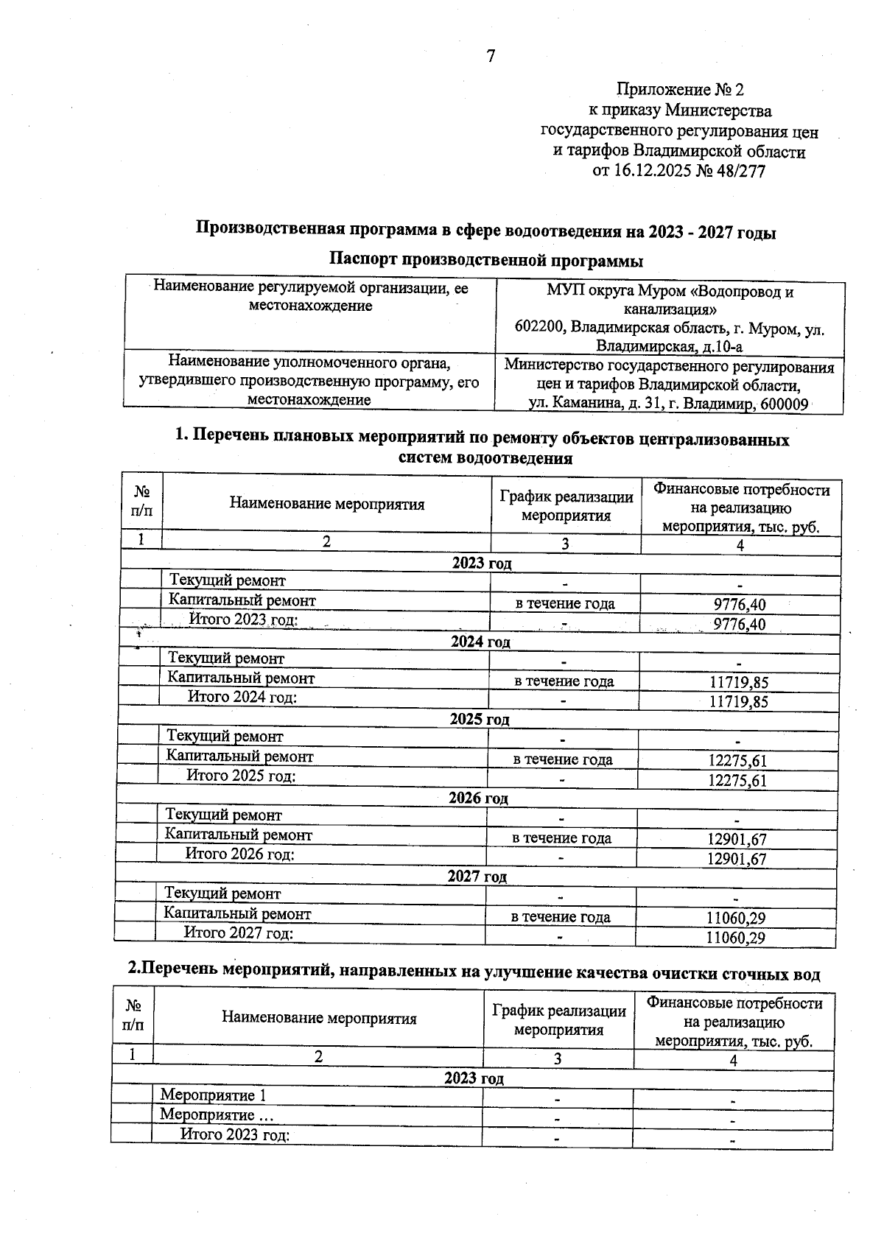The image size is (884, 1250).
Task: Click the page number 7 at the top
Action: click(x=491, y=57)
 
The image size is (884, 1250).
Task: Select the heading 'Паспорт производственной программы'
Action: click(x=485, y=261)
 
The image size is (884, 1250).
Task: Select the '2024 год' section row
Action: click(x=480, y=642)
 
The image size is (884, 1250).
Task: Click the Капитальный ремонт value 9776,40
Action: click(x=740, y=605)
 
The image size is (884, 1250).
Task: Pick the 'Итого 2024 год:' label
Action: click(x=242, y=697)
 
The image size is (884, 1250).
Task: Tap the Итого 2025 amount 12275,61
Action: click(x=737, y=781)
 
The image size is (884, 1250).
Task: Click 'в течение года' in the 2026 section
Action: click(x=561, y=838)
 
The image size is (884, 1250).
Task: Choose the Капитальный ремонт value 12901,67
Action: click(x=737, y=839)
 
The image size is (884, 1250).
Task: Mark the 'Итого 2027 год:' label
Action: click(x=239, y=933)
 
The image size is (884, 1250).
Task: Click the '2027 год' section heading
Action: click(x=477, y=877)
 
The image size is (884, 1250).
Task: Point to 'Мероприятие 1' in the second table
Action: click(x=213, y=1095)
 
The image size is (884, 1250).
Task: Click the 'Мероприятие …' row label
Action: click(x=217, y=1114)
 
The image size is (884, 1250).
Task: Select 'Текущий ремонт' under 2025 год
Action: click(x=225, y=737)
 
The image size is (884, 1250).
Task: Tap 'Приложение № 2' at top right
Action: click(x=679, y=90)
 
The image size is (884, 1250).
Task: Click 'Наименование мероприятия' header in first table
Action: click(x=327, y=505)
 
